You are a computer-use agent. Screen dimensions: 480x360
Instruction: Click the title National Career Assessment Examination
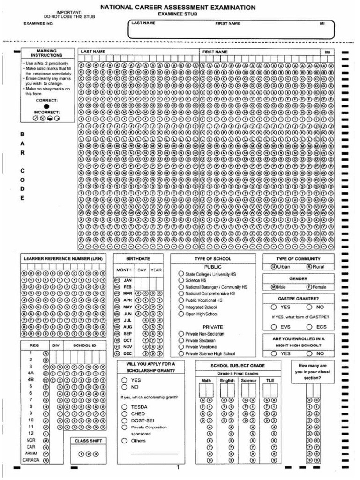[178, 7]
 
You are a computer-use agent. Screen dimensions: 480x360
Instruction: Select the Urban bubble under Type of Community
[273, 267]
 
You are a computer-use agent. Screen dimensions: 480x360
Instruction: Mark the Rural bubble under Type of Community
[309, 267]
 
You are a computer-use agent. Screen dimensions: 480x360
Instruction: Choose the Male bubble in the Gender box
[273, 287]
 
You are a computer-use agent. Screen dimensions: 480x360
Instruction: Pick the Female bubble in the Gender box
[309, 287]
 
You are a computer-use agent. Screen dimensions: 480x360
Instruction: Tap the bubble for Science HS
[181, 280]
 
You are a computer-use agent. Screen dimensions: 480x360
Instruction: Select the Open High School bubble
[181, 314]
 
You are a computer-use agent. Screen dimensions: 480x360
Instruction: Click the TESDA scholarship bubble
[125, 407]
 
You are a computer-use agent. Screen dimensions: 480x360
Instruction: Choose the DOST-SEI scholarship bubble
[125, 420]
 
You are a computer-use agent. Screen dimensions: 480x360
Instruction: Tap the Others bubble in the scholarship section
[125, 441]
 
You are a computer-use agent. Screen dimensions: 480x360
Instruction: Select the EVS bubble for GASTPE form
[273, 327]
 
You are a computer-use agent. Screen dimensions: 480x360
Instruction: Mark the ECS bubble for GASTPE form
[309, 327]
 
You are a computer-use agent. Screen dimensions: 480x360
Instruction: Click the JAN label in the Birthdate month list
[127, 280]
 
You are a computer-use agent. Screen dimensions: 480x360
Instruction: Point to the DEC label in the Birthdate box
[127, 353]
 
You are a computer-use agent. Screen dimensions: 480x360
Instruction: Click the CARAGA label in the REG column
[30, 460]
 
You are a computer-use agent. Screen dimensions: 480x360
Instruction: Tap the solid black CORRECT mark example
[46, 106]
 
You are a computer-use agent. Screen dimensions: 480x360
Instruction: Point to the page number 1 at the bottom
[178, 467]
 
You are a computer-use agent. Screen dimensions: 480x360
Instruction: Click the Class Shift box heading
[88, 441]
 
